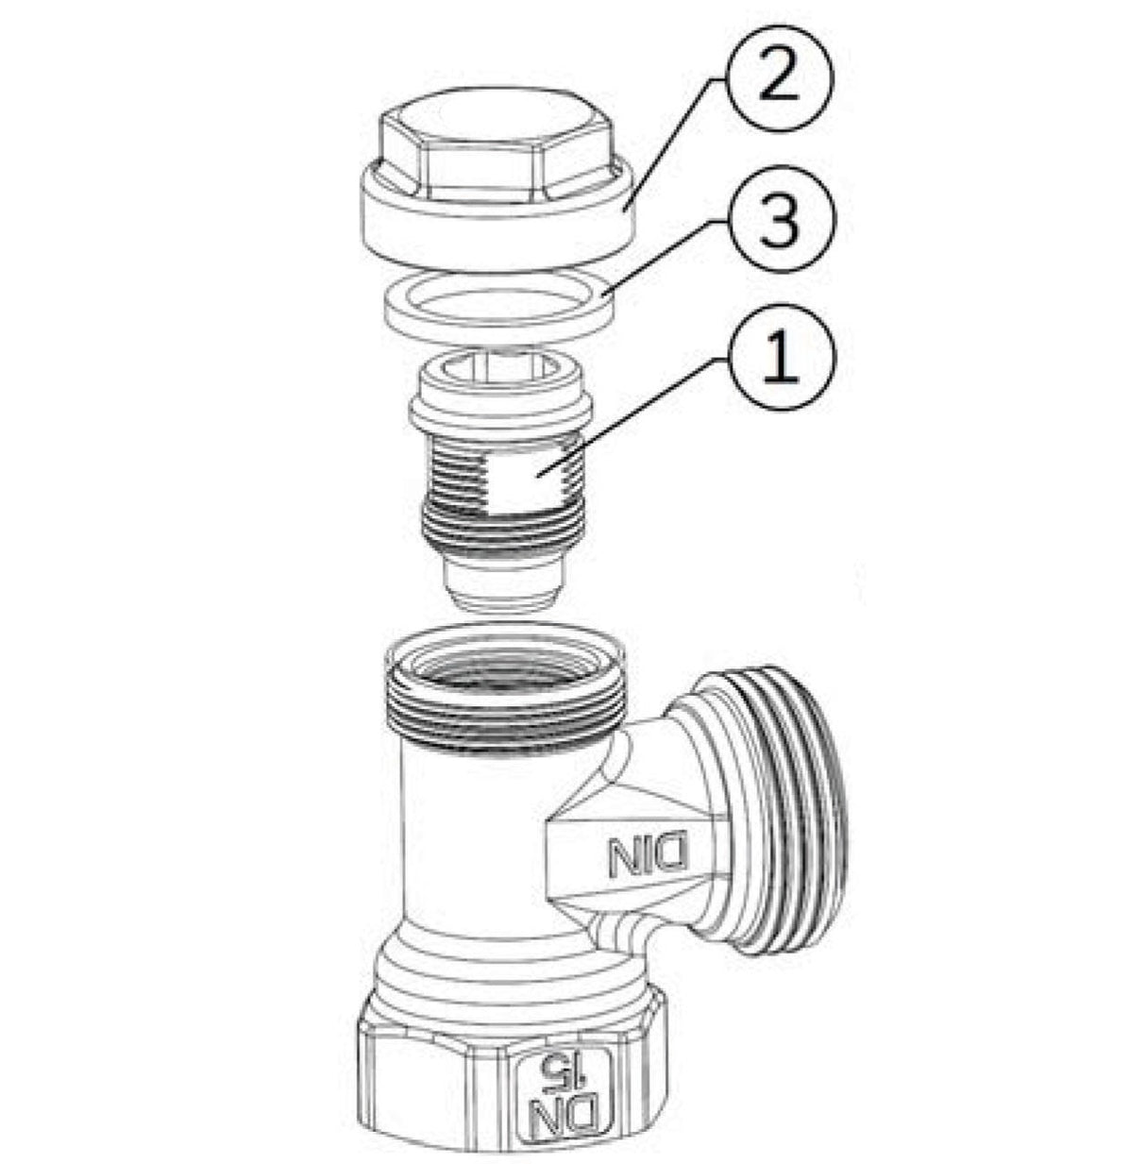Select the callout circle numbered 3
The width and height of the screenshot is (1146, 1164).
780,220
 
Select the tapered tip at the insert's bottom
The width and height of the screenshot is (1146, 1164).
501,586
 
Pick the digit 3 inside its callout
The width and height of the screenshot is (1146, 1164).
780,220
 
